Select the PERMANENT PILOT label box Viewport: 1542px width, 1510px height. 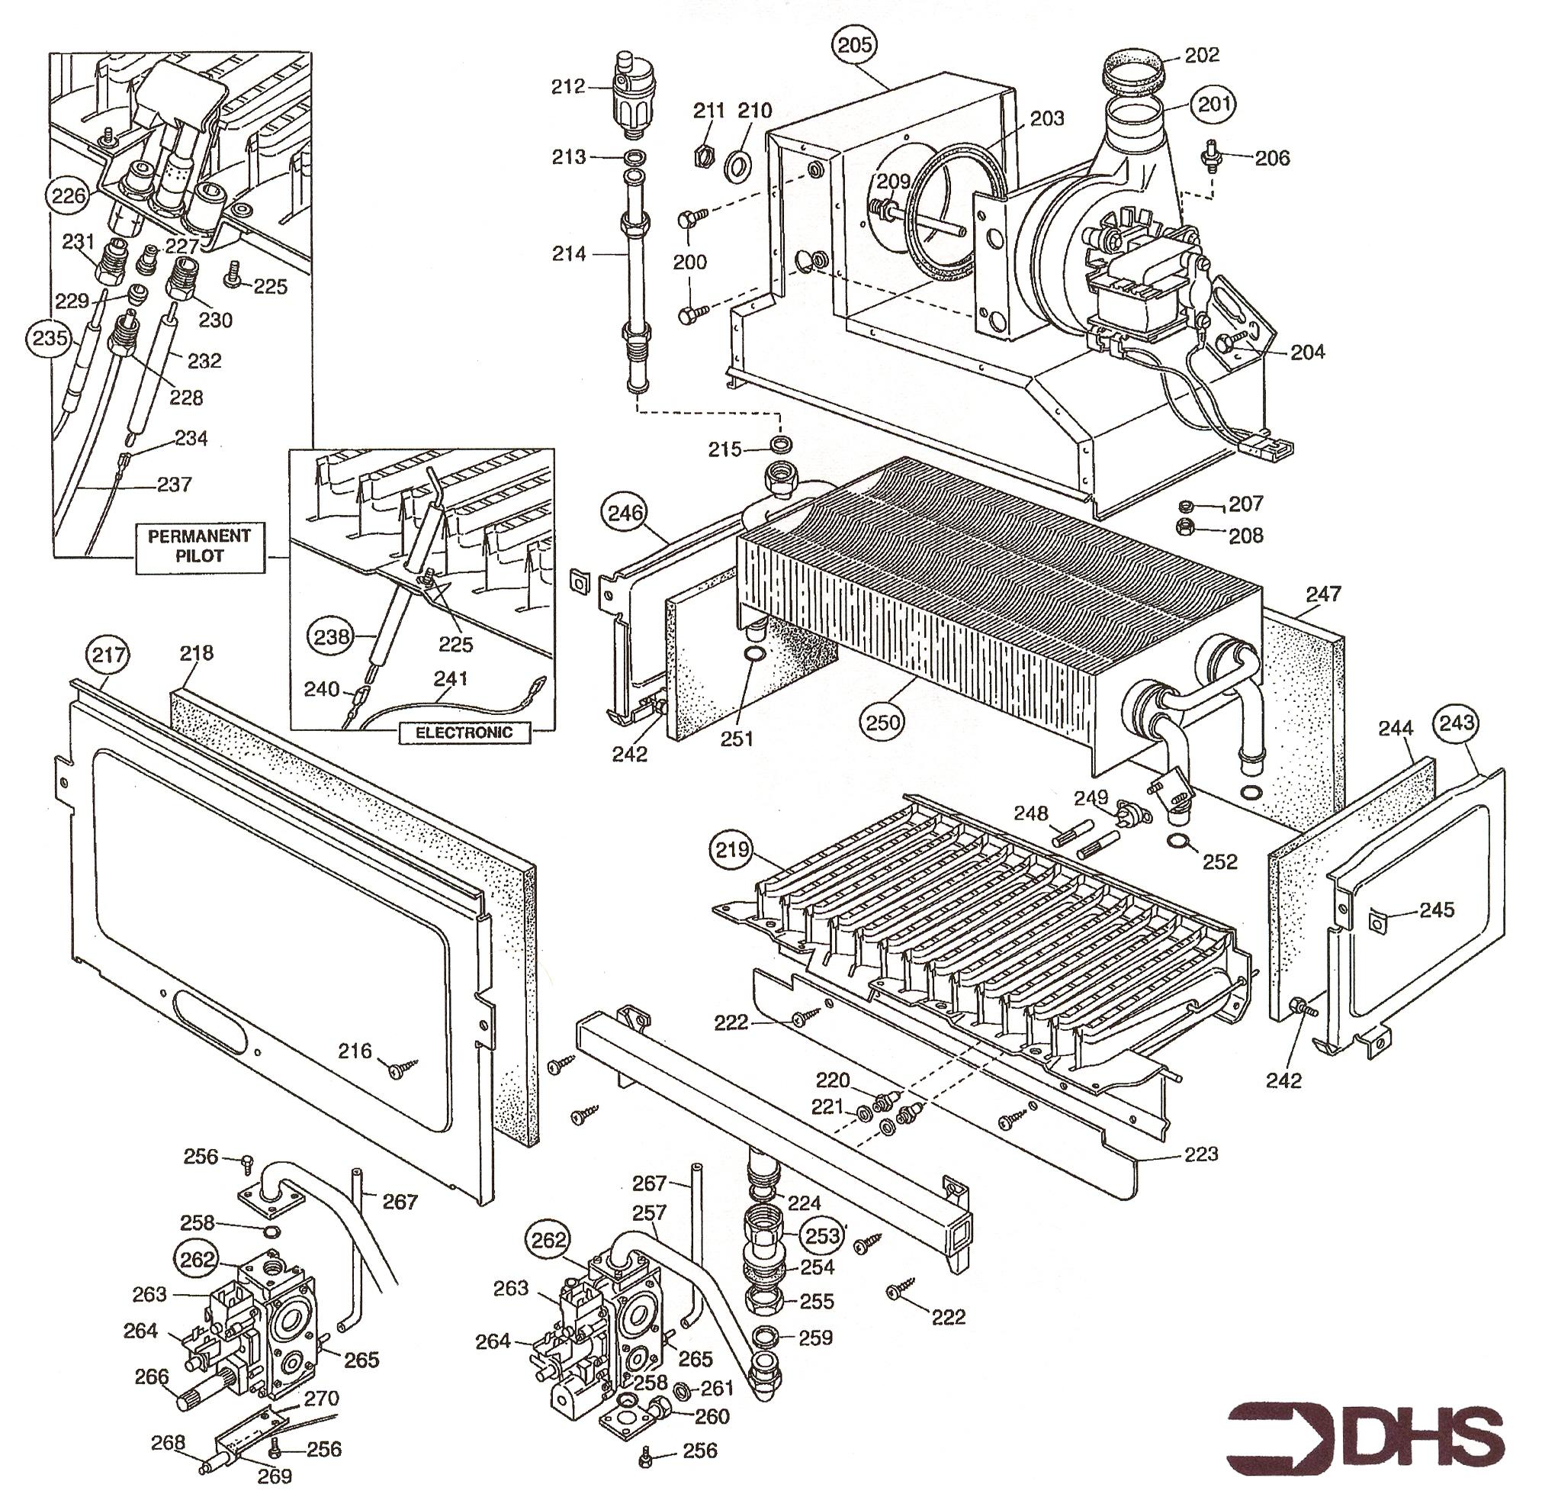(x=199, y=546)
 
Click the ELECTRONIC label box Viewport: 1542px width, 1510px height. (x=464, y=732)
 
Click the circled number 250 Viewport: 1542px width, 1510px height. (x=883, y=722)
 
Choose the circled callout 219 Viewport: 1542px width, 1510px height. (x=733, y=851)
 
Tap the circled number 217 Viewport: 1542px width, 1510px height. (x=108, y=655)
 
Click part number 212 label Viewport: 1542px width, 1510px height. (x=567, y=86)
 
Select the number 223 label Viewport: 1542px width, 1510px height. (x=1200, y=1154)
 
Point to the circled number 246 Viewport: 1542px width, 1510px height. (x=625, y=513)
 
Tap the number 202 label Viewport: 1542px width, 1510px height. (x=1203, y=56)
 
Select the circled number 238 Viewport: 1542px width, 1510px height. (x=332, y=636)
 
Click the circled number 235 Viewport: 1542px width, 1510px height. (x=50, y=339)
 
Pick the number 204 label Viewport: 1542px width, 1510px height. (x=1308, y=351)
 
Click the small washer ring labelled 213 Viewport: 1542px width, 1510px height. (x=634, y=157)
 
